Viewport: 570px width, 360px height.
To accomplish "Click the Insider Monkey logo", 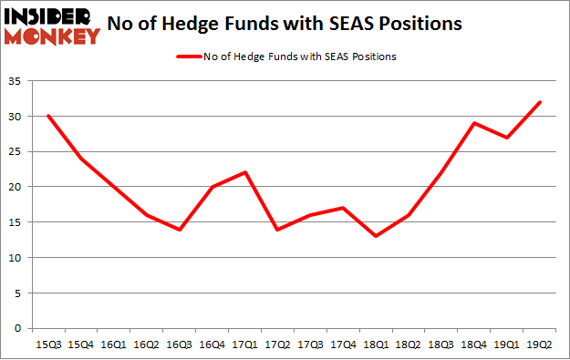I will click(52, 25).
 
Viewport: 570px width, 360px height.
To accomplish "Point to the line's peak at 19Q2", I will click(540, 102).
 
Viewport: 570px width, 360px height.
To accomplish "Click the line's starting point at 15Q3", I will click(47, 116).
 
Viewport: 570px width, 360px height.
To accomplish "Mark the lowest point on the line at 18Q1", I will click(376, 236).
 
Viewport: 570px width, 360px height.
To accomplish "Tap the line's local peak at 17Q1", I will click(244, 172).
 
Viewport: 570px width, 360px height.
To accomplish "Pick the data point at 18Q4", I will click(474, 123).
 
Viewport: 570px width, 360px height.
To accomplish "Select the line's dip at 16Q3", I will click(179, 229).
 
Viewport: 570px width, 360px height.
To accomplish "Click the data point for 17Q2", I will click(277, 229).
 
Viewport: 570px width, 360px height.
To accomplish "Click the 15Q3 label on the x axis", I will click(47, 344).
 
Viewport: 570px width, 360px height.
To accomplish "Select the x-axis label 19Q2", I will click(540, 344).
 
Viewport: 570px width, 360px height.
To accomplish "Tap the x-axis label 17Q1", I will click(244, 344).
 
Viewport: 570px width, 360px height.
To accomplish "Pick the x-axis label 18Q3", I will click(441, 344).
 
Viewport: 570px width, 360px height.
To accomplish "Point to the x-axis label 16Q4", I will click(212, 344).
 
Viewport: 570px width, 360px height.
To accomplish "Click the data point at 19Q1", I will click(507, 138).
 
